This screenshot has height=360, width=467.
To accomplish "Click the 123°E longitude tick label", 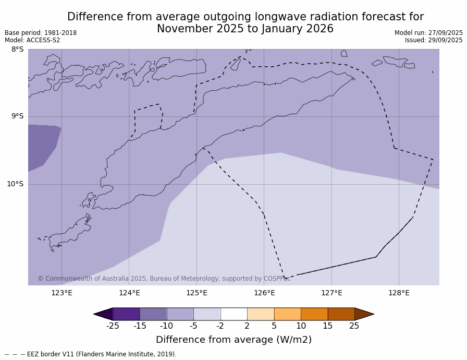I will coord(62,293).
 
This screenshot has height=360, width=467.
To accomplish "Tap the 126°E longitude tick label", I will coord(264,293).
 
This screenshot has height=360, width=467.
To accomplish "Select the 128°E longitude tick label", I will coord(399,293).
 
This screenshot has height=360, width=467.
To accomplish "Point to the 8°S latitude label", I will coord(17,50).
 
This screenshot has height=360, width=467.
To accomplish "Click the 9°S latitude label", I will coord(17,116).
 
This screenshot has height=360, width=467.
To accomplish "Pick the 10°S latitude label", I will coord(15,184).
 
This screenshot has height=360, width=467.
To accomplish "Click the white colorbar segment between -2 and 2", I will coord(233,314).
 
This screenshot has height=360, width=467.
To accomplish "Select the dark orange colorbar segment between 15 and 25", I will coord(341,314).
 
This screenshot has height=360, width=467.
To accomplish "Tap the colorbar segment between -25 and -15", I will coord(126,314).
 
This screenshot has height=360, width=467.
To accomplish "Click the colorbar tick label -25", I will coord(113,326).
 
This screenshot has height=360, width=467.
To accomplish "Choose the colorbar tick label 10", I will coord(301,326).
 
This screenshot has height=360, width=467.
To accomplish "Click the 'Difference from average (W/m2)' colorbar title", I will coord(233,340).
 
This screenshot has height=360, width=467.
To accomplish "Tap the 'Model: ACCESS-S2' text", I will coord(32,40).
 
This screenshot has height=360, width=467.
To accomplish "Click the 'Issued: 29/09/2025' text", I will coord(434,40).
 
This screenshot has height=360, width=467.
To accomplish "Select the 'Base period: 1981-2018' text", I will coord(41,33).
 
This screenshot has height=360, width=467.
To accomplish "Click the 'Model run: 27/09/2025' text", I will coord(428,33).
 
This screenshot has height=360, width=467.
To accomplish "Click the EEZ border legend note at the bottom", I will coord(91,354).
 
